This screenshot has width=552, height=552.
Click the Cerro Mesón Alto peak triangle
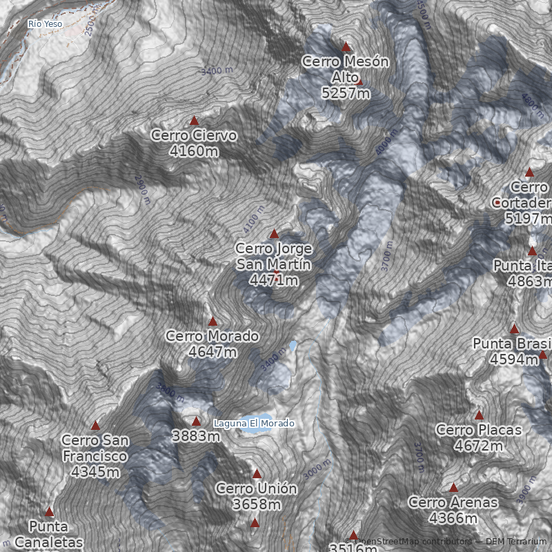click(346, 47)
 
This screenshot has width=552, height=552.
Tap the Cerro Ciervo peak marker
click(195, 120)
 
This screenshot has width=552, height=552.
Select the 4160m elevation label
click(194, 150)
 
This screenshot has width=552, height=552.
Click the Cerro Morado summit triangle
click(213, 322)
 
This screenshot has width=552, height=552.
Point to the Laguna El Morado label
click(254, 423)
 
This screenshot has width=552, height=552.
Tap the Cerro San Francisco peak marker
click(95, 426)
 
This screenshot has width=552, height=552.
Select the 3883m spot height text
click(196, 436)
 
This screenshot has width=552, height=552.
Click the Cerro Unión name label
click(257, 489)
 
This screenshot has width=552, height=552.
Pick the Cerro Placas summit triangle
click(479, 415)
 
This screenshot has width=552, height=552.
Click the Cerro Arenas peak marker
click(453, 488)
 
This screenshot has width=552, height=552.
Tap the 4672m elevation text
click(479, 446)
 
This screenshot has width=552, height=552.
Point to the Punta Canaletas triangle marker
click(49, 512)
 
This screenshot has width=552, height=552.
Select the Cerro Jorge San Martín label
click(274, 256)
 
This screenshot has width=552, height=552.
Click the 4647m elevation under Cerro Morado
click(213, 352)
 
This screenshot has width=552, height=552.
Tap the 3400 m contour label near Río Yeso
click(216, 70)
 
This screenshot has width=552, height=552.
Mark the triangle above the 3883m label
click(196, 421)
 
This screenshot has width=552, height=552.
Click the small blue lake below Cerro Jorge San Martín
click(293, 344)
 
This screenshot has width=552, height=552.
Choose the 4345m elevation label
click(95, 472)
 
